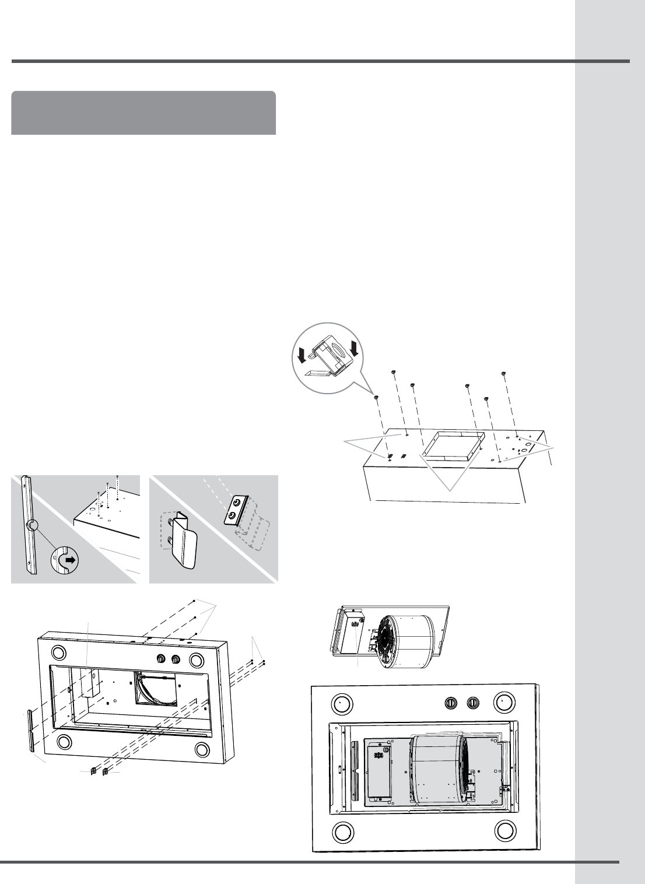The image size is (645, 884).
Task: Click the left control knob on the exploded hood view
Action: (x=161, y=659)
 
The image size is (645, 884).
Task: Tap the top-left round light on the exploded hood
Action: (x=58, y=653)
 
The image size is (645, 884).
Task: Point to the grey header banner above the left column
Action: (x=143, y=112)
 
